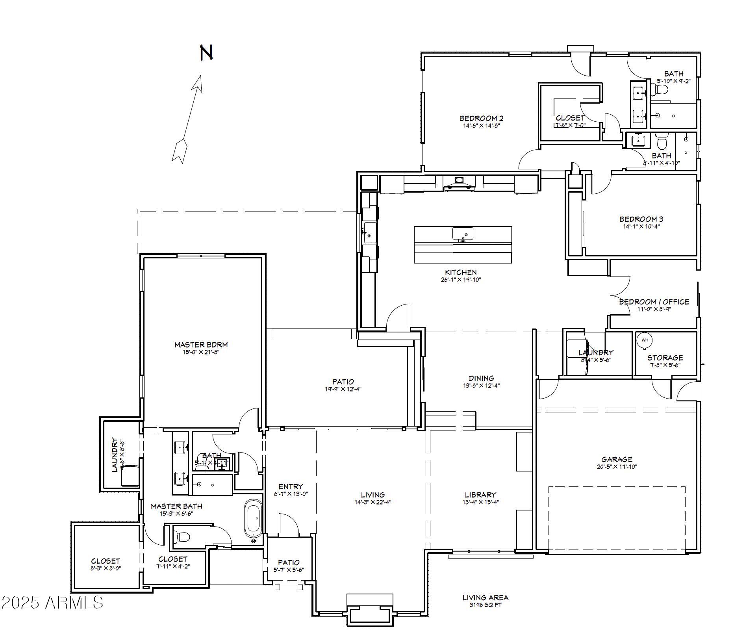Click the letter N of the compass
(206, 52)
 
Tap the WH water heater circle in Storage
(645, 340)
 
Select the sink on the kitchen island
(463, 234)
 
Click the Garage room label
(617, 459)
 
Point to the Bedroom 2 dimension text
(481, 126)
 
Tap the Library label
(480, 495)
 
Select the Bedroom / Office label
(654, 302)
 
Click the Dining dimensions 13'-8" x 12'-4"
(481, 386)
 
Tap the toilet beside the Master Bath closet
(182, 536)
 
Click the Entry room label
(291, 486)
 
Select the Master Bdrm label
(201, 345)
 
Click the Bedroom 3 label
(641, 219)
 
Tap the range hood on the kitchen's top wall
(459, 182)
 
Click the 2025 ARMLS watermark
(52, 602)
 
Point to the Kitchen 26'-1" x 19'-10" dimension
(461, 280)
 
